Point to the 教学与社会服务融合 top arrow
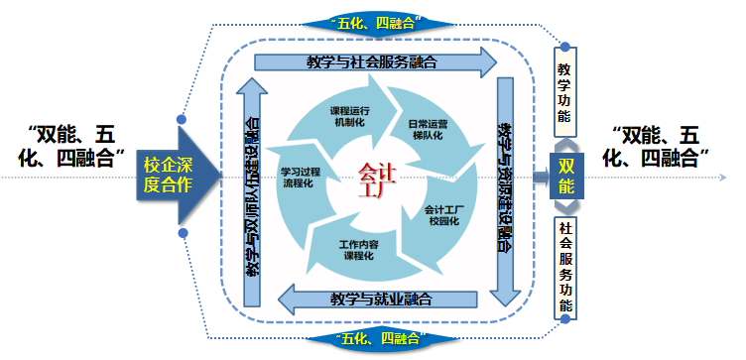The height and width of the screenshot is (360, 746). (373, 61)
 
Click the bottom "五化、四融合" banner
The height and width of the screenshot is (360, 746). (373, 339)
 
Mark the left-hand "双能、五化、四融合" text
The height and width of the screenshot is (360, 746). (74, 144)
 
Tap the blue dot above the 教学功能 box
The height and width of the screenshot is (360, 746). (563, 46)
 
